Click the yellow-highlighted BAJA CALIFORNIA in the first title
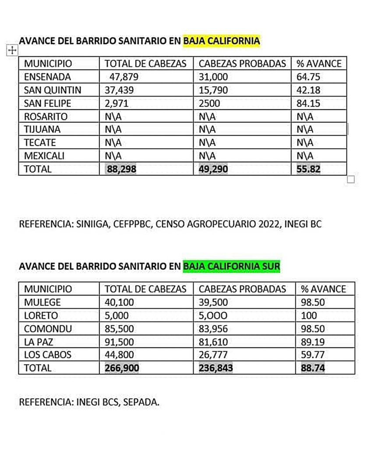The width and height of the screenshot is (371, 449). tap(222, 41)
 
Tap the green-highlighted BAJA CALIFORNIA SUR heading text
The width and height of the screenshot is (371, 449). tap(231, 266)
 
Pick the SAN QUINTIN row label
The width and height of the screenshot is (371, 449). tap(53, 90)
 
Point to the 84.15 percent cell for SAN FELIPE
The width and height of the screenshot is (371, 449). tap(308, 103)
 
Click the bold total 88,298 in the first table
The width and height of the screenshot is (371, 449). tap(121, 169)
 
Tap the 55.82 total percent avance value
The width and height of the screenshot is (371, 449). tap(308, 169)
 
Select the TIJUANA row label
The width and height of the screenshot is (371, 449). tap(42, 130)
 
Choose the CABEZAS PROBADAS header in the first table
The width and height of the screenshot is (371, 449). tap(242, 64)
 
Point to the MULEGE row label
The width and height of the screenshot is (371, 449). tap(42, 303)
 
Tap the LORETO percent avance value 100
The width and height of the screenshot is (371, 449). tap(309, 316)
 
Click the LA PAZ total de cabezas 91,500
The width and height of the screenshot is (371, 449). tap(119, 342)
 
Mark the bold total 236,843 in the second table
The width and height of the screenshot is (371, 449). tap(216, 368)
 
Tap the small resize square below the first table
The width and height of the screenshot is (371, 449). tap(350, 179)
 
